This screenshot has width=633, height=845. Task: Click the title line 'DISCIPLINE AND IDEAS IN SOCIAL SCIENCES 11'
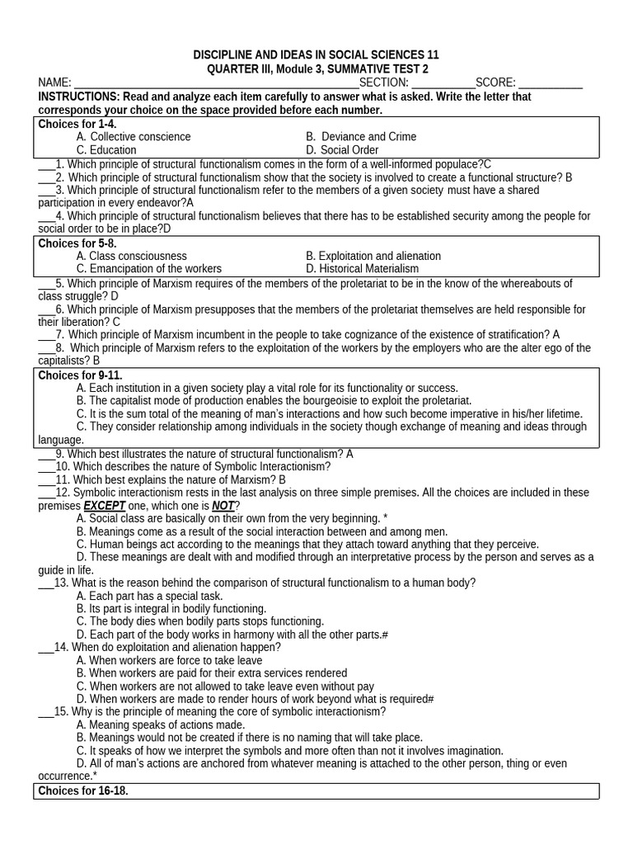pyautogui.click(x=316, y=54)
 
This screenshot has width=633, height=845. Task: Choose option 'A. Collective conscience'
pyautogui.click(x=133, y=137)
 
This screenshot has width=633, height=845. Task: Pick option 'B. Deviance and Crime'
pyautogui.click(x=361, y=137)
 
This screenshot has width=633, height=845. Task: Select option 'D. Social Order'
pyautogui.click(x=342, y=150)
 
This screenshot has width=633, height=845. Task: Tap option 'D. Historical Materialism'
pyautogui.click(x=362, y=269)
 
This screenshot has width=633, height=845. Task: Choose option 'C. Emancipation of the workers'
pyautogui.click(x=149, y=269)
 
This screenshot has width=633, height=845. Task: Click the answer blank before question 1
pyautogui.click(x=46, y=165)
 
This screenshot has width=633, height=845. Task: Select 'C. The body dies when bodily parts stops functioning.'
pyautogui.click(x=200, y=621)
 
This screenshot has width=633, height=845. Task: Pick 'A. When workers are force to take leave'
pyautogui.click(x=169, y=660)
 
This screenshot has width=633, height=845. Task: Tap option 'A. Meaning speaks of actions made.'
pyautogui.click(x=160, y=725)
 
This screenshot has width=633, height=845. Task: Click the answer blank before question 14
pyautogui.click(x=46, y=648)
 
